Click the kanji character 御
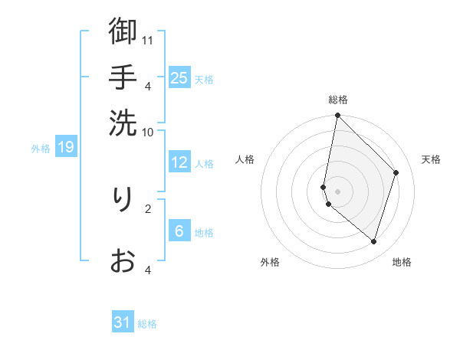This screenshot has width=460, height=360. (x=123, y=32)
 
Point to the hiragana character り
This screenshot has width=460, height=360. (x=123, y=201)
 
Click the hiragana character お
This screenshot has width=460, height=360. (x=123, y=261)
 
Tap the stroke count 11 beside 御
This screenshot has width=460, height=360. (x=149, y=40)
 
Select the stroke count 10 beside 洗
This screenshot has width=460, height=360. (x=149, y=132)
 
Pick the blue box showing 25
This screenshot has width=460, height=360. (x=179, y=77)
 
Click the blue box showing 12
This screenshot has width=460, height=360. (x=179, y=162)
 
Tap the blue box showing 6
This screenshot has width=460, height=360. (x=179, y=231)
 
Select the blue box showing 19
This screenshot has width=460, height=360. (x=66, y=146)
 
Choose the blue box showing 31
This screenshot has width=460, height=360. (x=123, y=322)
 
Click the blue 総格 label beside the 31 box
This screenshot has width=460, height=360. (x=147, y=324)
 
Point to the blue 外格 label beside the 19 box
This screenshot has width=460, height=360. (x=41, y=148)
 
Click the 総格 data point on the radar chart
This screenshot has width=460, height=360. (x=337, y=116)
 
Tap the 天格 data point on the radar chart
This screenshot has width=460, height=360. (x=396, y=172)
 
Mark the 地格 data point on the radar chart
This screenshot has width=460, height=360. (x=373, y=241)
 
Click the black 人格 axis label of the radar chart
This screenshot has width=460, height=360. (x=245, y=159)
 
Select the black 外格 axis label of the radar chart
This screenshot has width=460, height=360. (x=270, y=262)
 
